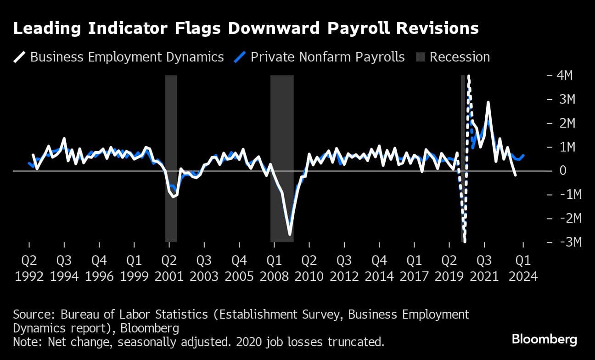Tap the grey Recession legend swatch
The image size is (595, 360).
point(421,57)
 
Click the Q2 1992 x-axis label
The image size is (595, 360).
point(29,268)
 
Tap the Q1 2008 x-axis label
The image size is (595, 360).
point(274,268)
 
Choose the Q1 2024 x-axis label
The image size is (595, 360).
point(523,268)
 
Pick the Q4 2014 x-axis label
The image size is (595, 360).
point(379,268)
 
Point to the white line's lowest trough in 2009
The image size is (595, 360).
point(290,235)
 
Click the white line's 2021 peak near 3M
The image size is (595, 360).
point(488,102)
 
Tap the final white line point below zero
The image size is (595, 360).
point(516,175)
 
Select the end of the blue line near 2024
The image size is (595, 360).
point(524,156)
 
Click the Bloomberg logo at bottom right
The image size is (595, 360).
point(544,340)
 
